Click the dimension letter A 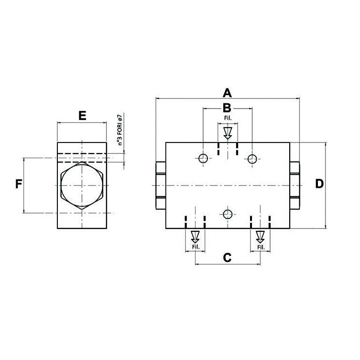(x=227, y=93)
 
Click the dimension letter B (x=227, y=108)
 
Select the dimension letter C (x=227, y=258)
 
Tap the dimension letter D (x=319, y=184)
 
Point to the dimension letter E (x=82, y=116)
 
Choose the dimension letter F (x=19, y=184)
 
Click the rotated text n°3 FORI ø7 (x=120, y=129)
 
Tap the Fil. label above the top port (x=228, y=118)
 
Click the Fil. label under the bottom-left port (x=196, y=247)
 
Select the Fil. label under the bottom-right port (x=261, y=247)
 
